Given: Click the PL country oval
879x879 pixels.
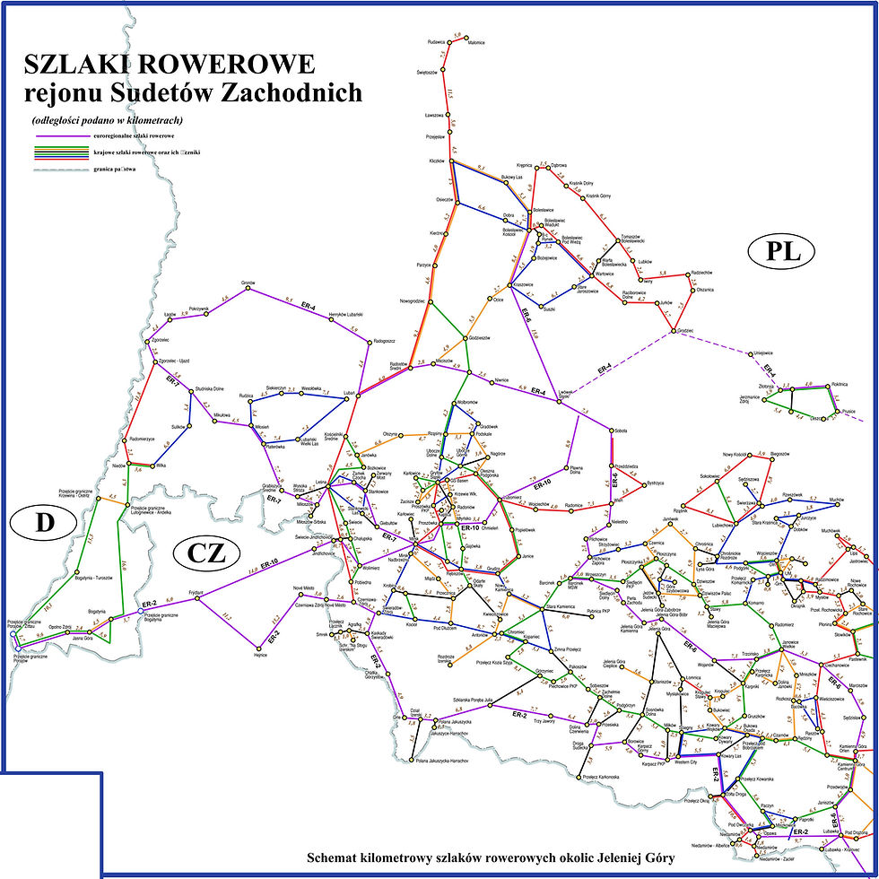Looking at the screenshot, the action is (x=778, y=253).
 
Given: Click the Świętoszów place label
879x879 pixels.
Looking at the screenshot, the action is (x=427, y=72).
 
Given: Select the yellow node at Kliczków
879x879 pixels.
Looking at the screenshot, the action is (x=452, y=161).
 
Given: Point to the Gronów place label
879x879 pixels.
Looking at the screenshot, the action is (x=248, y=283).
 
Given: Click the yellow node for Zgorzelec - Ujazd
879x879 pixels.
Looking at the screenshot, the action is (x=159, y=361).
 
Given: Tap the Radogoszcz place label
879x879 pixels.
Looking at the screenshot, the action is (x=385, y=341).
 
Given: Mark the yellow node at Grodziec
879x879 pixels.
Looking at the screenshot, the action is (x=671, y=332).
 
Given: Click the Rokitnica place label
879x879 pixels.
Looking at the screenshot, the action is (x=840, y=383).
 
